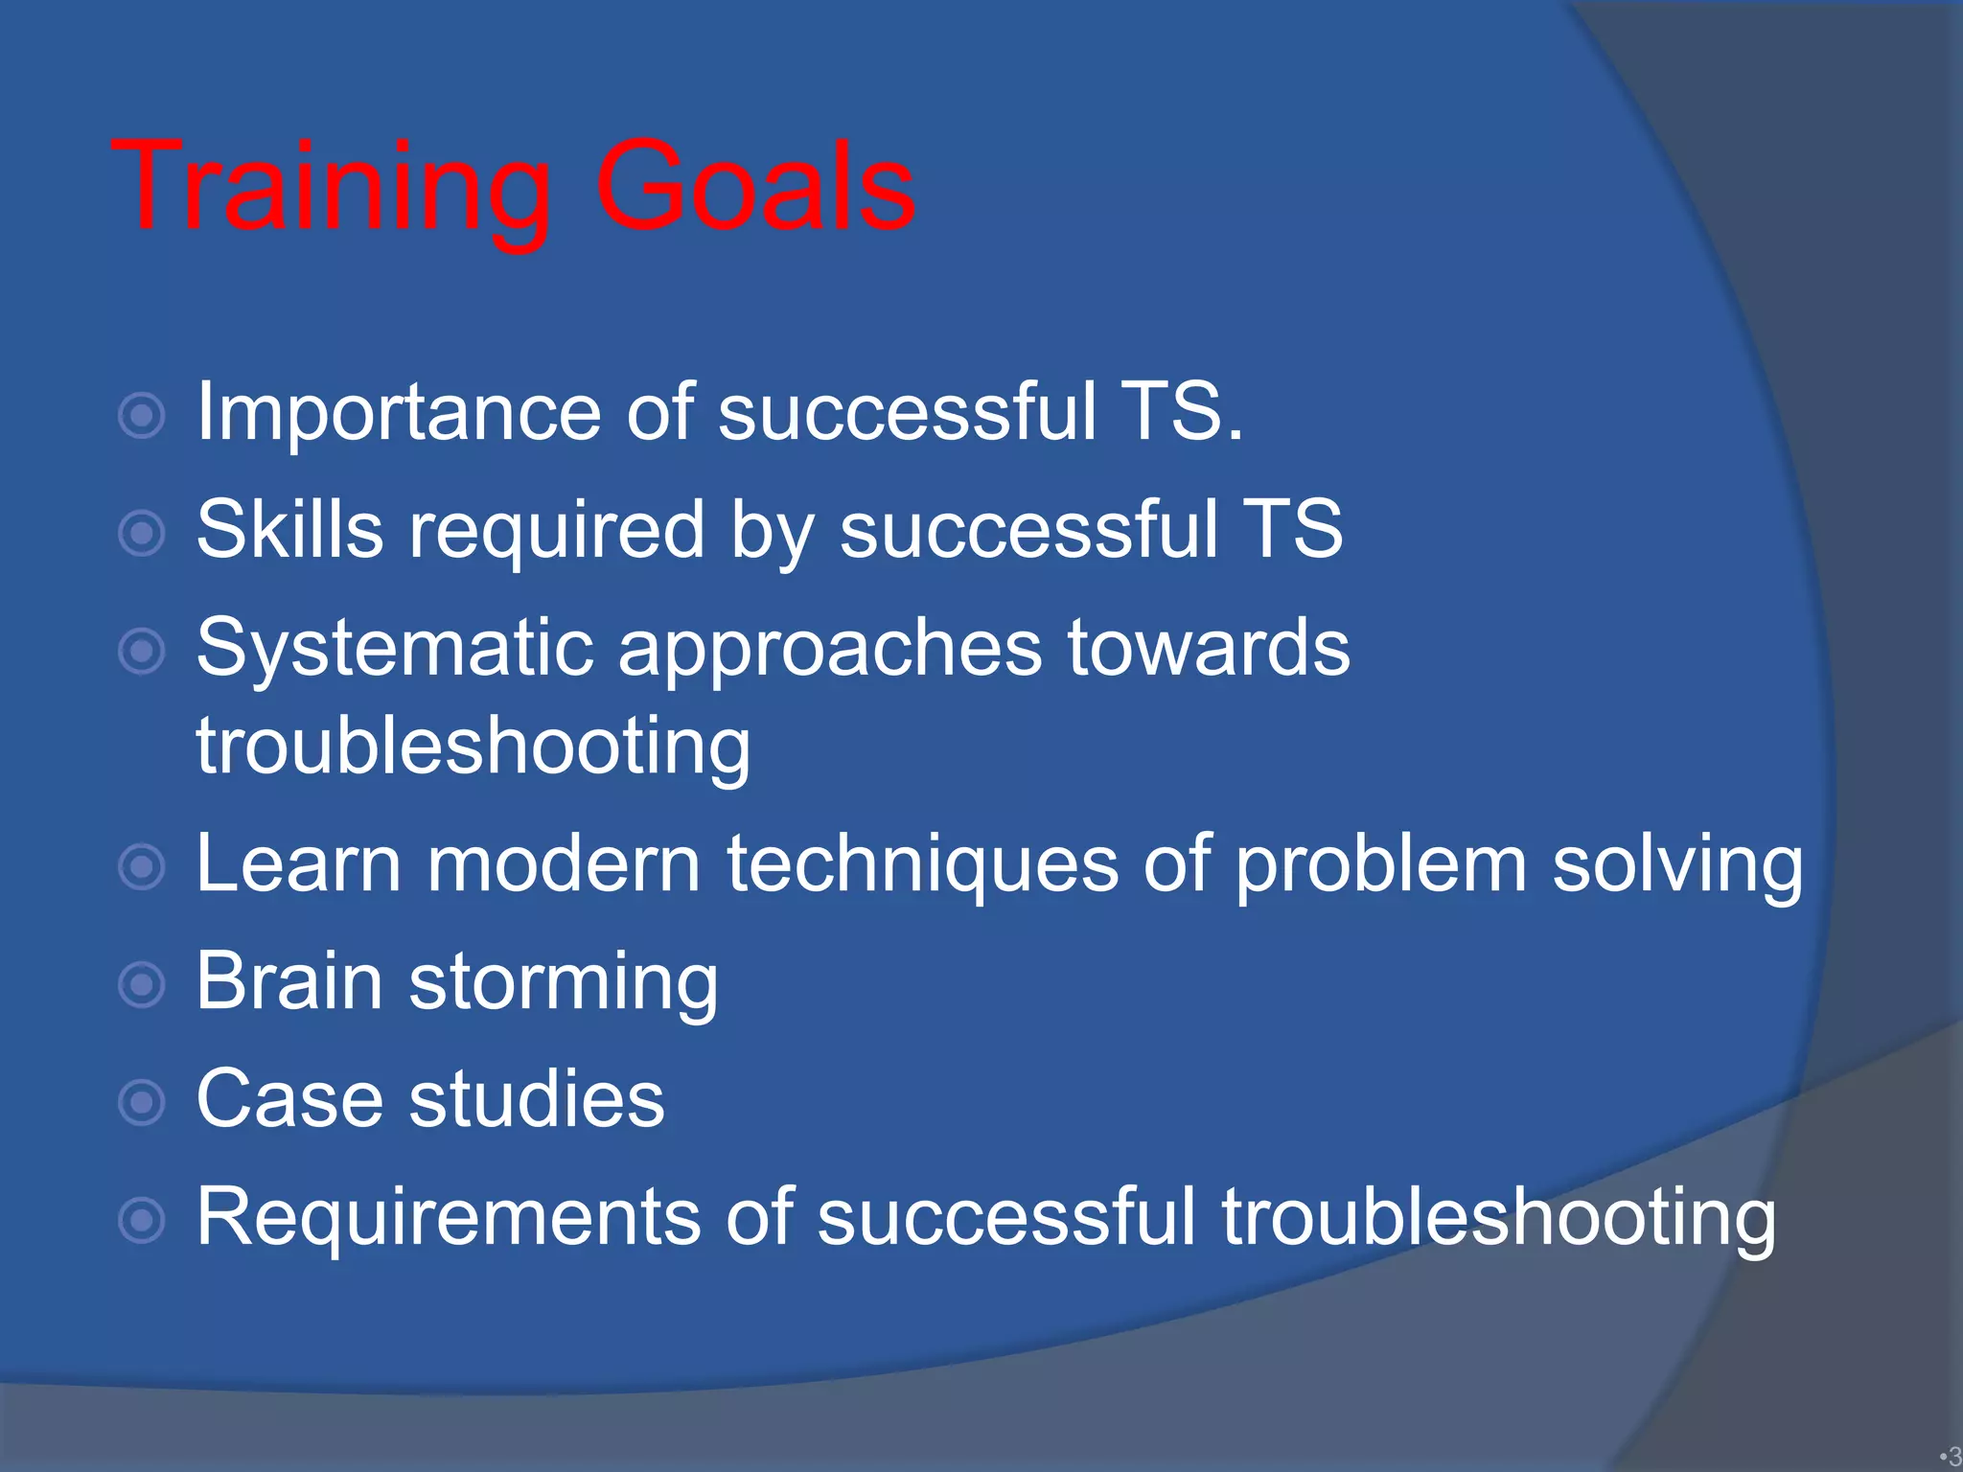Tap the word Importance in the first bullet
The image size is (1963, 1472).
399,413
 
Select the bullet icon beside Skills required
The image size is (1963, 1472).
142,534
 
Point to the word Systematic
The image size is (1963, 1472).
394,650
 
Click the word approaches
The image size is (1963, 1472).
830,650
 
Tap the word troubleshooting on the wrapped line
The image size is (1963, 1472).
473,747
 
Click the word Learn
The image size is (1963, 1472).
298,863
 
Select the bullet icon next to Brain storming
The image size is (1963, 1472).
142,985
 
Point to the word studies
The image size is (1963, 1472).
537,1098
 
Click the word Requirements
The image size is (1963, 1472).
448,1217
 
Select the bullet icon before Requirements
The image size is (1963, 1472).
142,1221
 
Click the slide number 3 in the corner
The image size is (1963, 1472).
1953,1458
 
